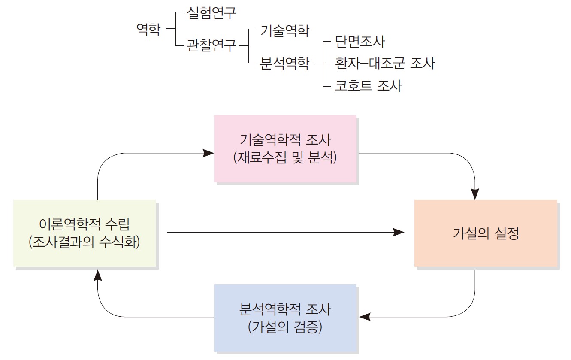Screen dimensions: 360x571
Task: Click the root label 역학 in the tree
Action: (148, 30)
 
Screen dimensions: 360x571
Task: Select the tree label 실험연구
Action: (211, 13)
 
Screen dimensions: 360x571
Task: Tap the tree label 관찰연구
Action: (211, 45)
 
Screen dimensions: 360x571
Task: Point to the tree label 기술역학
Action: (284, 30)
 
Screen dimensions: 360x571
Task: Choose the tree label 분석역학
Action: (284, 64)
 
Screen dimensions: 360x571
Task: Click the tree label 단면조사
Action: (360, 42)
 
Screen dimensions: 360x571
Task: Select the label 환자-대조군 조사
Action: (385, 64)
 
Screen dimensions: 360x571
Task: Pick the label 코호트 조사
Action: (368, 85)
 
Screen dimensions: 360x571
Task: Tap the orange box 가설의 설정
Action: (486, 233)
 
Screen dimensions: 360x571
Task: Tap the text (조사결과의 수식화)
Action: (84, 242)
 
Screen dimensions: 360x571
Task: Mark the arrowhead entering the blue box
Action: (364, 317)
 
